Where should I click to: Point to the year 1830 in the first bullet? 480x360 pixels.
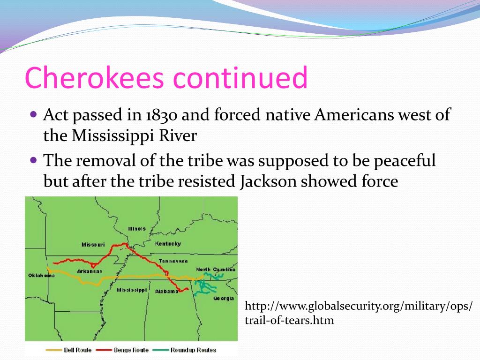(x=163, y=115)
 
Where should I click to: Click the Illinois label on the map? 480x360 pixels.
(x=136, y=229)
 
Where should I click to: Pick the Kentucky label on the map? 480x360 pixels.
(x=168, y=244)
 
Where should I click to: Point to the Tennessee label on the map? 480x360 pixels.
(x=173, y=261)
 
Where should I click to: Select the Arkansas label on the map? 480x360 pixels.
(x=90, y=271)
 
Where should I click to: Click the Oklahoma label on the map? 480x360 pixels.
(x=41, y=275)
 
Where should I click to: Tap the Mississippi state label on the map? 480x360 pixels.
(x=132, y=290)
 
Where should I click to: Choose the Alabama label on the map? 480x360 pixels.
(x=167, y=291)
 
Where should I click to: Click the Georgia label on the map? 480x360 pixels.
(x=224, y=298)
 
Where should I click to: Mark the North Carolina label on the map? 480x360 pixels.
(x=215, y=269)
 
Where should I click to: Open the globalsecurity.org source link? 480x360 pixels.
(x=359, y=313)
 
